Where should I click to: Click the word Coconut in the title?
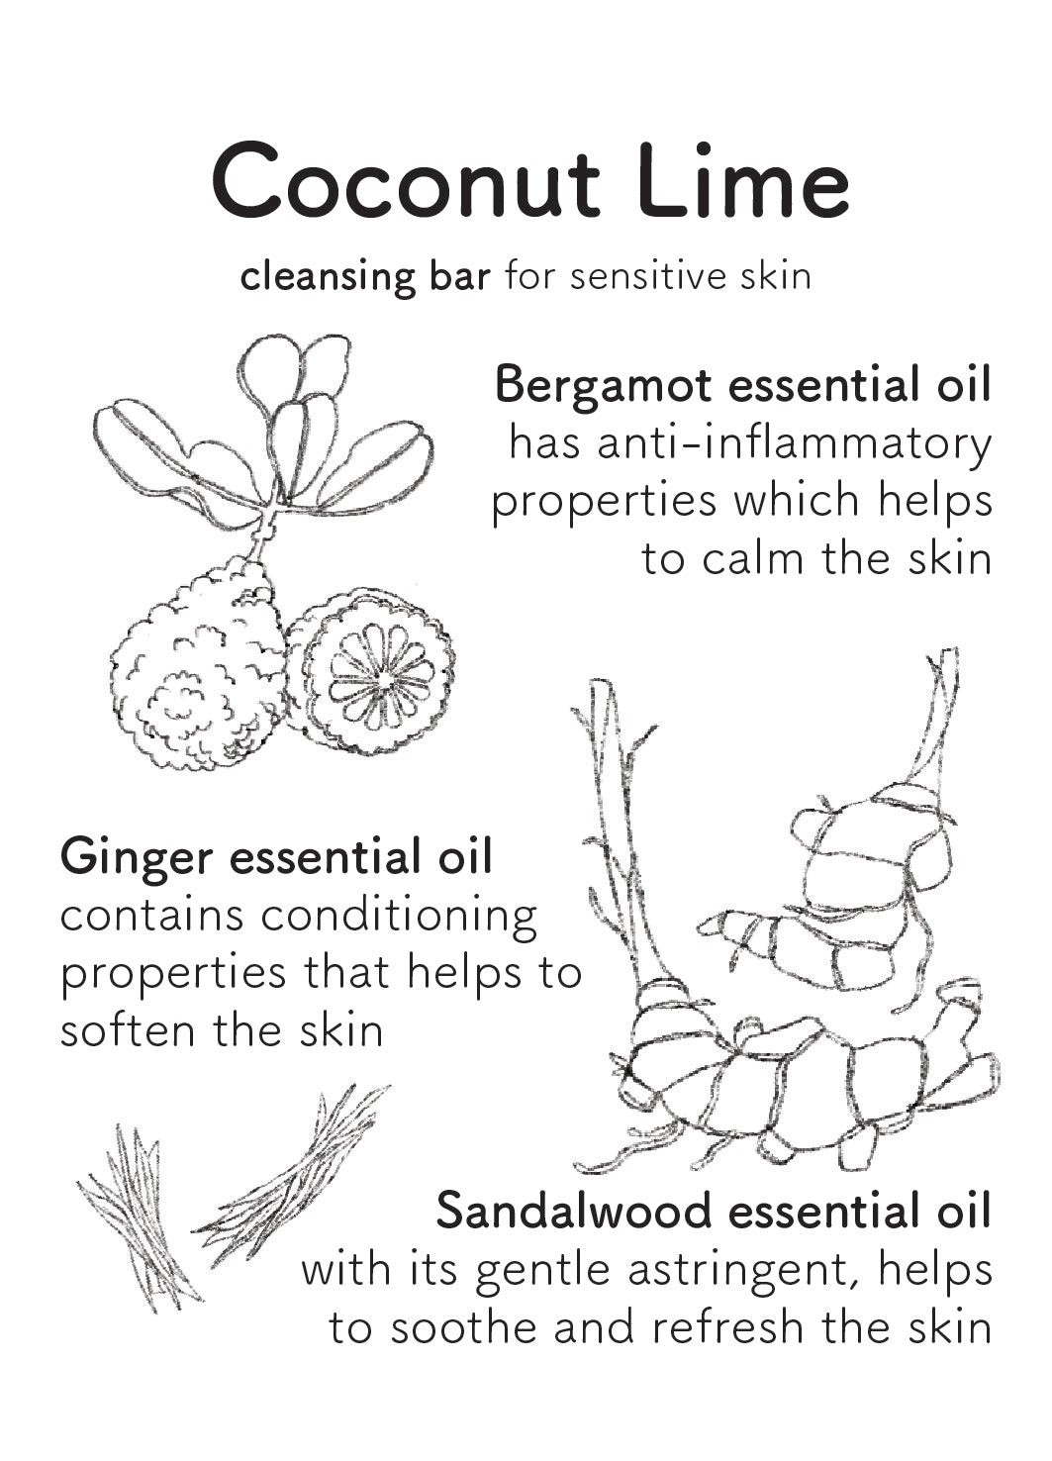coord(405,182)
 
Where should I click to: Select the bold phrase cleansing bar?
coord(364,276)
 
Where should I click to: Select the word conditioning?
coord(398,917)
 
